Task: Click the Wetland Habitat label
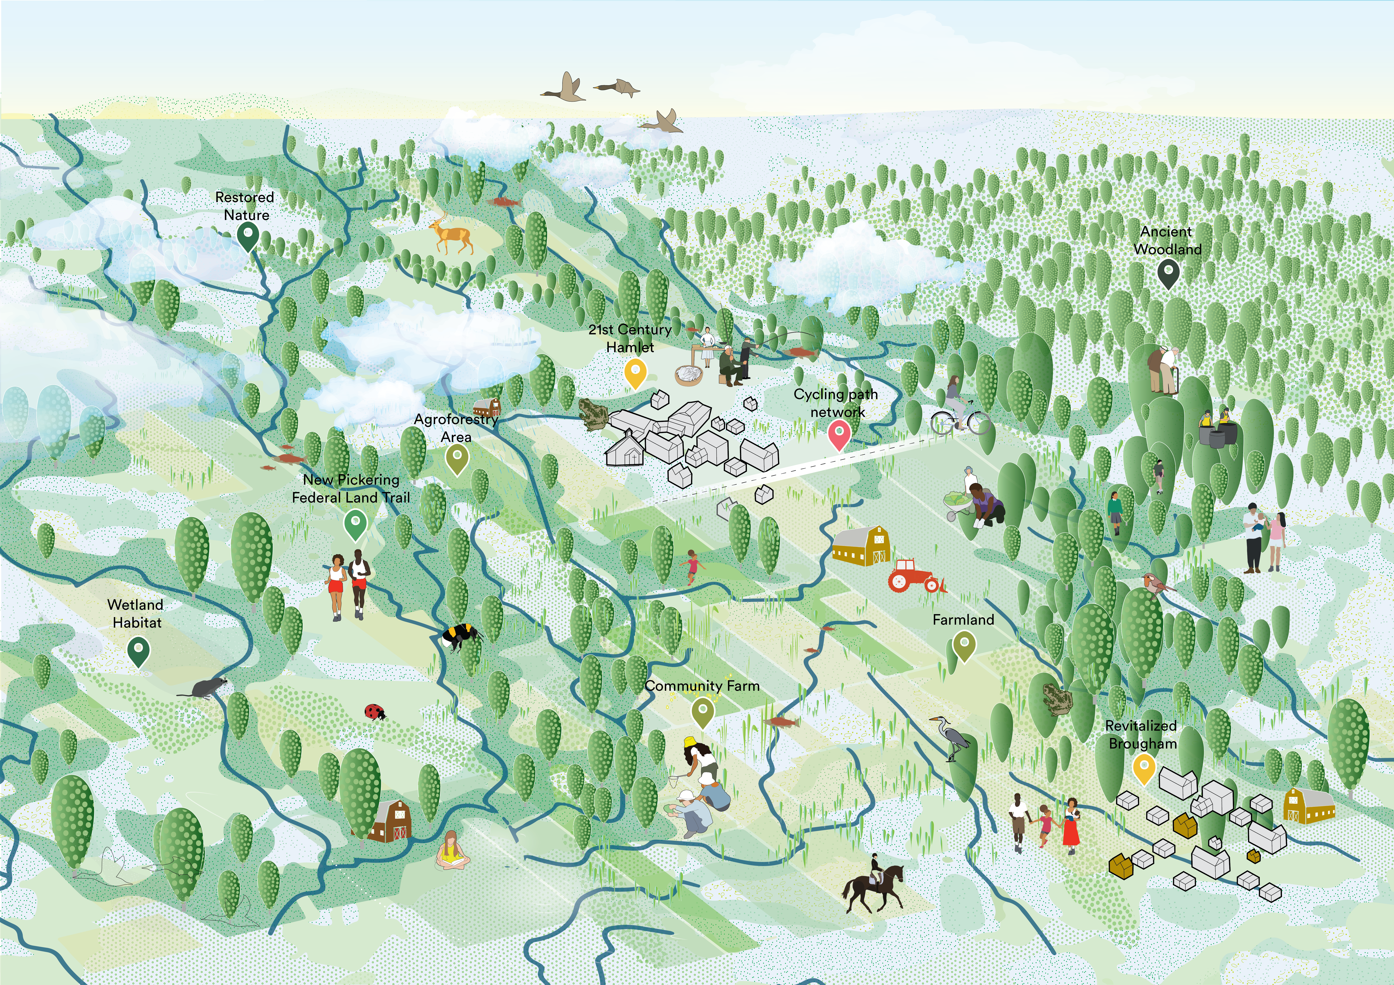coord(136,614)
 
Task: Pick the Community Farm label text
coord(702,686)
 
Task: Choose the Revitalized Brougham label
coord(1141,734)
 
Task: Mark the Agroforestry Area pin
coord(457,458)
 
